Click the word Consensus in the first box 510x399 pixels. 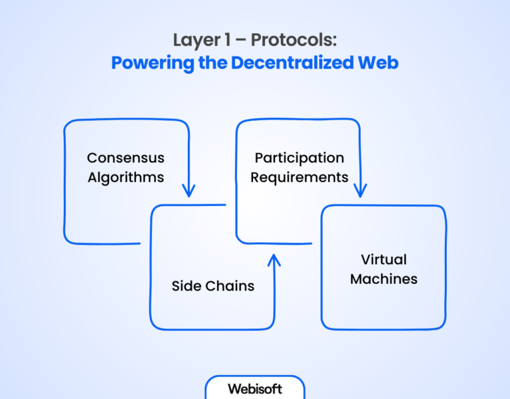pos(126,158)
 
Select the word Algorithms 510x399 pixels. pos(126,178)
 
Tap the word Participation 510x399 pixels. pos(299,158)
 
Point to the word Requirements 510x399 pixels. pos(299,178)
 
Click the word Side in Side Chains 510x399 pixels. pos(185,287)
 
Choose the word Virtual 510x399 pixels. pos(384,259)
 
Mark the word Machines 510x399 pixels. pos(384,279)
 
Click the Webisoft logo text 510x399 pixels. pos(255,389)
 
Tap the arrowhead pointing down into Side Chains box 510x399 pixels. pos(189,192)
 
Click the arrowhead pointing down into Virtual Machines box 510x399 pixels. pos(360,192)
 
